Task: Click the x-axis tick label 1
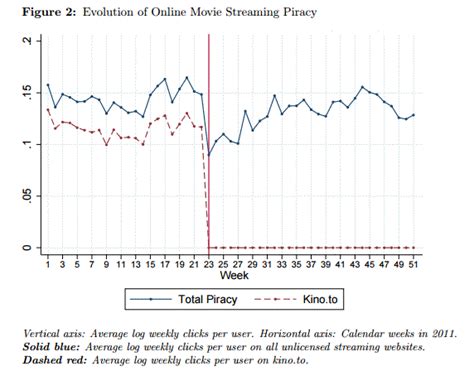click(47, 264)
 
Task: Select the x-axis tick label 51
click(414, 264)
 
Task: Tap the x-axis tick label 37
click(311, 264)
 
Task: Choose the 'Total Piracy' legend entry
click(200, 299)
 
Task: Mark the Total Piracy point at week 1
click(47, 85)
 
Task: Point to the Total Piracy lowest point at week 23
click(209, 156)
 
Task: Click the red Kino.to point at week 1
click(47, 109)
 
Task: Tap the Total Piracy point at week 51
click(414, 115)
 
